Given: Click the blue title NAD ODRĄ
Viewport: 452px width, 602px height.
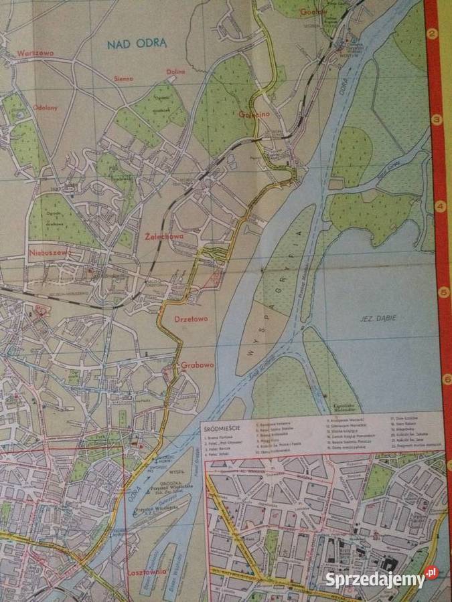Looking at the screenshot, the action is coord(137,44).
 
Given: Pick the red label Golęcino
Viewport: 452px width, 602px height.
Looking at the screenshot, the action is coord(253,114).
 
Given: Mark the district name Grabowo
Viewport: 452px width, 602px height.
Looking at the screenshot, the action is coord(198,365).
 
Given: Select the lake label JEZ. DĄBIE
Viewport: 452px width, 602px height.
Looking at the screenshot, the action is coord(377,318).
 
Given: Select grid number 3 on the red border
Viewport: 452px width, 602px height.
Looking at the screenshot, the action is coord(437,120).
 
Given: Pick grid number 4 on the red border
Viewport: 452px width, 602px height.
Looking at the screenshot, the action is coord(440,206).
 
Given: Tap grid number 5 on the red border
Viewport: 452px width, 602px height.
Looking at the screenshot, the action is coord(443,292).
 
